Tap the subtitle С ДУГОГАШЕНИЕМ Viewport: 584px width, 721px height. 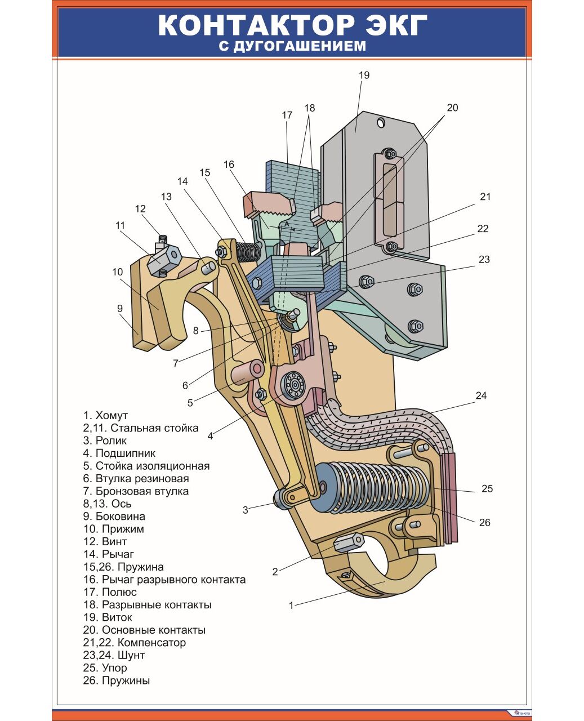pos(292,46)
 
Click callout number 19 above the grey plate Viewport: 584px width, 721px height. pos(364,75)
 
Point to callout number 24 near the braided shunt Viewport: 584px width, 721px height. pos(480,395)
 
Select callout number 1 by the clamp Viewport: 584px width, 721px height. pos(291,606)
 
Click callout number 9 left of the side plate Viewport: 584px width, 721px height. pos(120,308)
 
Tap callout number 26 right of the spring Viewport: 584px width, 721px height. pos(484,522)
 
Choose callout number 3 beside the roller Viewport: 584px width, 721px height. pos(245,510)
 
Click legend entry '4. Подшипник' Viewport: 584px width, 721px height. pos(119,453)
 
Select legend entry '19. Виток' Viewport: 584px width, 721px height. pos(108,617)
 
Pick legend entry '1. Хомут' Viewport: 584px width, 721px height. pos(105,416)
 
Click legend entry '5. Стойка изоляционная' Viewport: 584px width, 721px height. pos(146,466)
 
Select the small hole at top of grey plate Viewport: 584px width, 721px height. pos(381,122)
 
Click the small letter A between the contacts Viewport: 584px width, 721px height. pos(286,224)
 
